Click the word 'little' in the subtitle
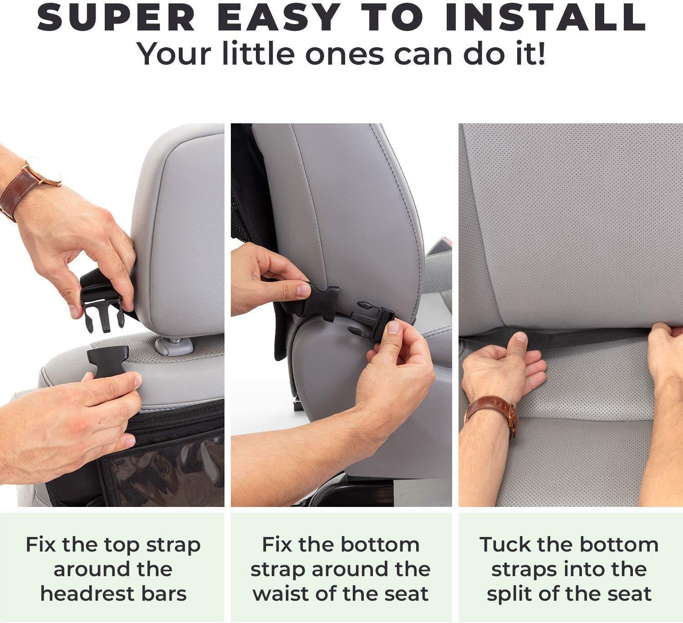click(259, 53)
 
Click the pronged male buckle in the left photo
click(102, 313)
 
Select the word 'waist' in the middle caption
click(281, 594)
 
